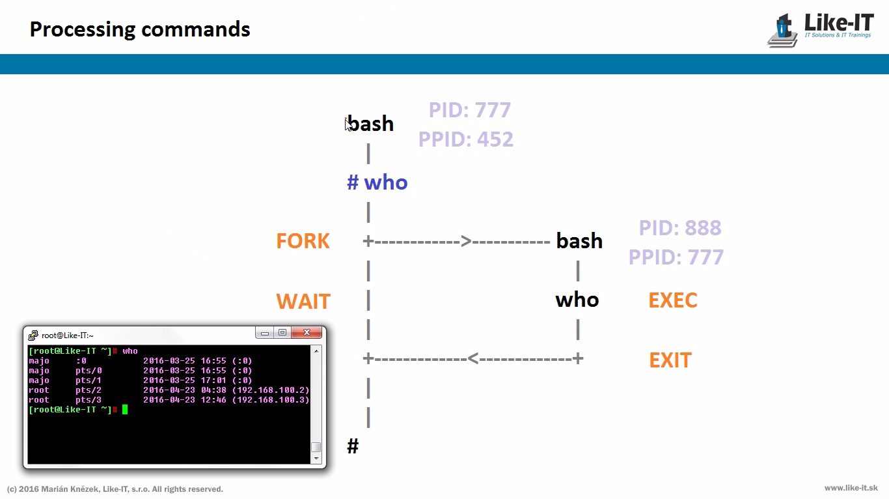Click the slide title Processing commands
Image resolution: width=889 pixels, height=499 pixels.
click(x=140, y=29)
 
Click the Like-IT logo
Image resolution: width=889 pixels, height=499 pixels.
click(x=821, y=30)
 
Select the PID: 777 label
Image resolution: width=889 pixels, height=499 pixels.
click(x=469, y=110)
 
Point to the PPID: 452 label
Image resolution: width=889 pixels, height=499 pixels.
click(x=465, y=139)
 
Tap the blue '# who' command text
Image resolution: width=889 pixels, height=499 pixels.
click(x=377, y=182)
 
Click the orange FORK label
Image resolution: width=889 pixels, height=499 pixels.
click(x=303, y=241)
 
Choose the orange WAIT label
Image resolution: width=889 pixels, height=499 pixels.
click(x=303, y=302)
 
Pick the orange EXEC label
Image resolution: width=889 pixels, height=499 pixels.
click(x=673, y=300)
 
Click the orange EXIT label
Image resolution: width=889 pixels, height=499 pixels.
click(x=670, y=360)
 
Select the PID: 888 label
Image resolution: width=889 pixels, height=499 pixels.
click(x=680, y=228)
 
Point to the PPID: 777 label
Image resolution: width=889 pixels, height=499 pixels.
click(x=676, y=257)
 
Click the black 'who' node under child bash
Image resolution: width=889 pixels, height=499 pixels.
click(x=577, y=300)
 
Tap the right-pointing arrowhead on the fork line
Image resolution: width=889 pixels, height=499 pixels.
click(x=466, y=242)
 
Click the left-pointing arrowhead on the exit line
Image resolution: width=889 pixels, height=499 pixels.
click(x=474, y=358)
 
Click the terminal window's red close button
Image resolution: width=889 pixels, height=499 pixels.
click(x=306, y=333)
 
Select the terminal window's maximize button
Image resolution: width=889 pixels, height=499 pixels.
click(x=282, y=333)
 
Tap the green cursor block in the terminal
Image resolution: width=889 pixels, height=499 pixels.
click(x=125, y=410)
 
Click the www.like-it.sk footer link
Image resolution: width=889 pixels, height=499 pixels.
click(x=851, y=488)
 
